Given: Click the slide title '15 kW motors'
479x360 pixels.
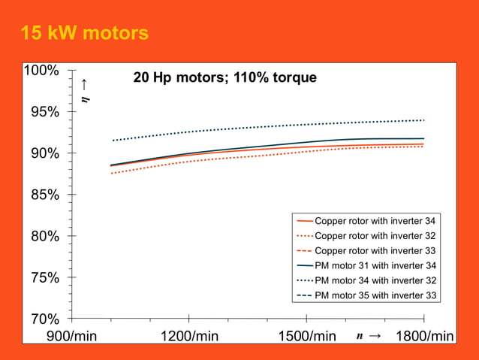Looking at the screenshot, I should [84, 34].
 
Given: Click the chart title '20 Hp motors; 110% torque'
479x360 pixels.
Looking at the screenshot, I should [224, 77].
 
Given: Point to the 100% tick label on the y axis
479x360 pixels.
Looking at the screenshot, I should [41, 71].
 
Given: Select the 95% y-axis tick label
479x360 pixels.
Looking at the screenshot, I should [44, 112].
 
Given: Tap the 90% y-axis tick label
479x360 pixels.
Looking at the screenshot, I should [44, 153].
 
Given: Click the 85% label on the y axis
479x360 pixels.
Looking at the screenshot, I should [44, 195].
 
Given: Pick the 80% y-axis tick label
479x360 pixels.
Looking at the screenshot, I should [44, 236].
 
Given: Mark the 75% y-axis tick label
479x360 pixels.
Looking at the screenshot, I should [44, 277].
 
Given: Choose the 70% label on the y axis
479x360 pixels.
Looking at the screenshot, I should [44, 319].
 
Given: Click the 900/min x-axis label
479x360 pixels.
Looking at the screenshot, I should [72, 335].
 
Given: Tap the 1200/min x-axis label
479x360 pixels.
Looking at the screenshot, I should [190, 335].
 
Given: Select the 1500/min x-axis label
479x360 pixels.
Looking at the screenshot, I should [307, 335].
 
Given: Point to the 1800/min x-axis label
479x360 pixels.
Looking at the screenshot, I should [425, 335].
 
